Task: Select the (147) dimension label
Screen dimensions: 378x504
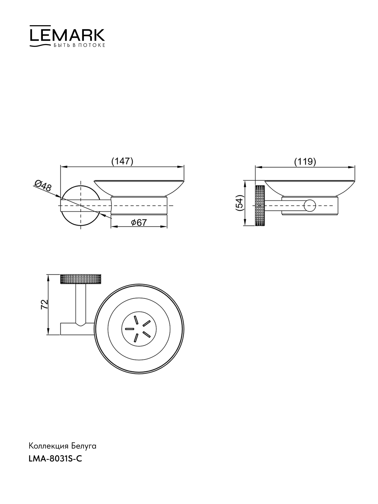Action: (x=122, y=161)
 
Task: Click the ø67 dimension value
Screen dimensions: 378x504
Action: (x=139, y=222)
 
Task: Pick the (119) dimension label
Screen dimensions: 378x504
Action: (x=305, y=162)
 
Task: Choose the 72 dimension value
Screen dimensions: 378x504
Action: (x=44, y=305)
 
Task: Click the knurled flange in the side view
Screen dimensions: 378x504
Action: (x=260, y=205)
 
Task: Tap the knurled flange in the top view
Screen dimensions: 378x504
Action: (x=81, y=279)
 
